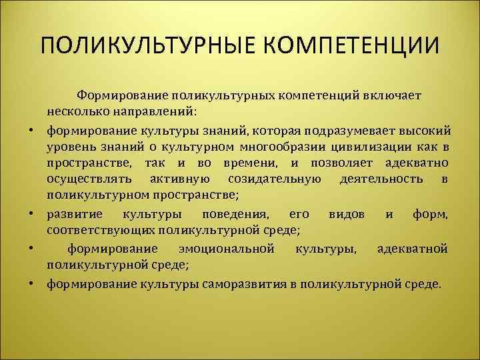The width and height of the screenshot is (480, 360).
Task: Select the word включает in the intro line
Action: [393, 95]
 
